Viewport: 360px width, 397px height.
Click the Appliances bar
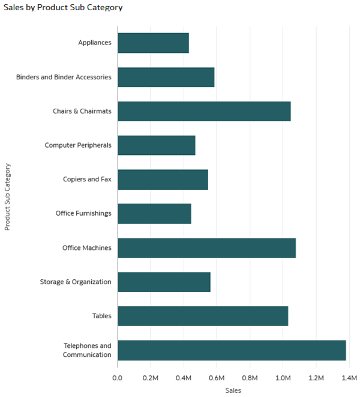pos(153,43)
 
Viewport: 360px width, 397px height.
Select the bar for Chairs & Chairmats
pos(204,111)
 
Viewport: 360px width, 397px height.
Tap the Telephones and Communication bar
pos(232,350)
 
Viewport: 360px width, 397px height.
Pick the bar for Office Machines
pos(206,247)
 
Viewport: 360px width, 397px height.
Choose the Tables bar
pos(203,316)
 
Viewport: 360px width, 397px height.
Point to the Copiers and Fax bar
pos(163,180)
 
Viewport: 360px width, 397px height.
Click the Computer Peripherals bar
pos(156,145)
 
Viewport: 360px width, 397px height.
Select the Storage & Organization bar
pos(164,282)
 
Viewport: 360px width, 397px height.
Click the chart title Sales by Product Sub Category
pos(63,8)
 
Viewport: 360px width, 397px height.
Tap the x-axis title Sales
pos(233,390)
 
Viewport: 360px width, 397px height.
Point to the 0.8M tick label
pos(250,378)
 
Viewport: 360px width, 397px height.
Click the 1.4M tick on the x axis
pos(349,378)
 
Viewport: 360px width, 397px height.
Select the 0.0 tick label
pos(118,378)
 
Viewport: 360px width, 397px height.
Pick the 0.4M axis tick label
pos(184,378)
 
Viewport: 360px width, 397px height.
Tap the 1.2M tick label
pos(316,378)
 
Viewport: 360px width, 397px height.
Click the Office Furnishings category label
pos(83,213)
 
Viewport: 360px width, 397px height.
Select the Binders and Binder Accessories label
pos(64,77)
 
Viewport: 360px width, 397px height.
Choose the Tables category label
pos(101,316)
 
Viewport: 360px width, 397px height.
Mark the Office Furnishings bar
pos(154,213)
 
